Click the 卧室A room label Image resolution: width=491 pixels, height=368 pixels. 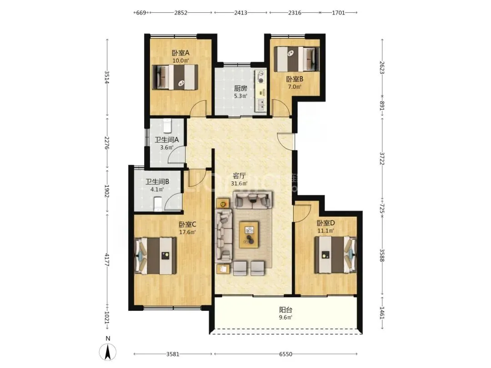click(180, 53)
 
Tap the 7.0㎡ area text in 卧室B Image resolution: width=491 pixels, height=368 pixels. click(295, 87)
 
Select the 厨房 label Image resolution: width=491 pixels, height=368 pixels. click(240, 88)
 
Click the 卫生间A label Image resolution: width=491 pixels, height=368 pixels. click(166, 139)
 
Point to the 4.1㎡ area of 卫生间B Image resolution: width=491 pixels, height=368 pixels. click(157, 189)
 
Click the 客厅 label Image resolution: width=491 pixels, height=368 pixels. click(239, 175)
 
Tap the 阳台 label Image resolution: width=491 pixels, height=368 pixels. click(286, 310)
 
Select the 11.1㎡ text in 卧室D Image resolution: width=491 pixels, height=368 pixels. click(326, 231)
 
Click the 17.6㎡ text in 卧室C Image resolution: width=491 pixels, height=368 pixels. click(187, 232)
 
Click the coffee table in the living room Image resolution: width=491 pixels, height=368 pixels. click(249, 234)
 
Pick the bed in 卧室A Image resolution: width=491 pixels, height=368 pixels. click(175, 77)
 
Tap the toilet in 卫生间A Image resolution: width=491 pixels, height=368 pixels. click(167, 125)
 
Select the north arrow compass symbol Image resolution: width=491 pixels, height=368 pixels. click(108, 351)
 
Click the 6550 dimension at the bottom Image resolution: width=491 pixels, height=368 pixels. click(286, 354)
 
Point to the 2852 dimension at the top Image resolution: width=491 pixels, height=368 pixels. click(180, 13)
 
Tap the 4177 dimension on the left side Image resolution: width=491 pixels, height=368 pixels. click(107, 260)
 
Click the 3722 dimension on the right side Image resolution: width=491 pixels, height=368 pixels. click(382, 159)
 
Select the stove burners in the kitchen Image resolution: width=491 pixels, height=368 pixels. click(261, 77)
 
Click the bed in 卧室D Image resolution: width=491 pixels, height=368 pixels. click(336, 254)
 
